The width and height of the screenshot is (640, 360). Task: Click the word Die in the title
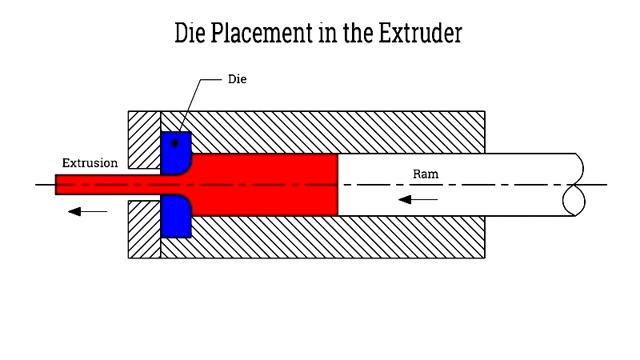[190, 34]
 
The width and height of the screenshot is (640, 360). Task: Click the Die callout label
[237, 80]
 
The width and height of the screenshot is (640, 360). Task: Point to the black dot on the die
[175, 142]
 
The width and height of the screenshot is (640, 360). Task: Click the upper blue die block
[174, 152]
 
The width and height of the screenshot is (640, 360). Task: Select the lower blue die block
[174, 217]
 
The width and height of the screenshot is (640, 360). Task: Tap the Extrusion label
[90, 163]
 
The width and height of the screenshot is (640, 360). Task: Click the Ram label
[425, 174]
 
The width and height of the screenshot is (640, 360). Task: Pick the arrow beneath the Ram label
[418, 198]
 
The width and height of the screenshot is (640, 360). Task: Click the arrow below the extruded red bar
[87, 211]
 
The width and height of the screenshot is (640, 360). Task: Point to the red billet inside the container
[264, 184]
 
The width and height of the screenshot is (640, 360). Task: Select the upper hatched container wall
[336, 132]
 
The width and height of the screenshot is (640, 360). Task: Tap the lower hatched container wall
[336, 237]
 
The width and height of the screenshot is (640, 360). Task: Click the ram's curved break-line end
[574, 184]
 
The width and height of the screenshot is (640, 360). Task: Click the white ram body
[480, 184]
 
